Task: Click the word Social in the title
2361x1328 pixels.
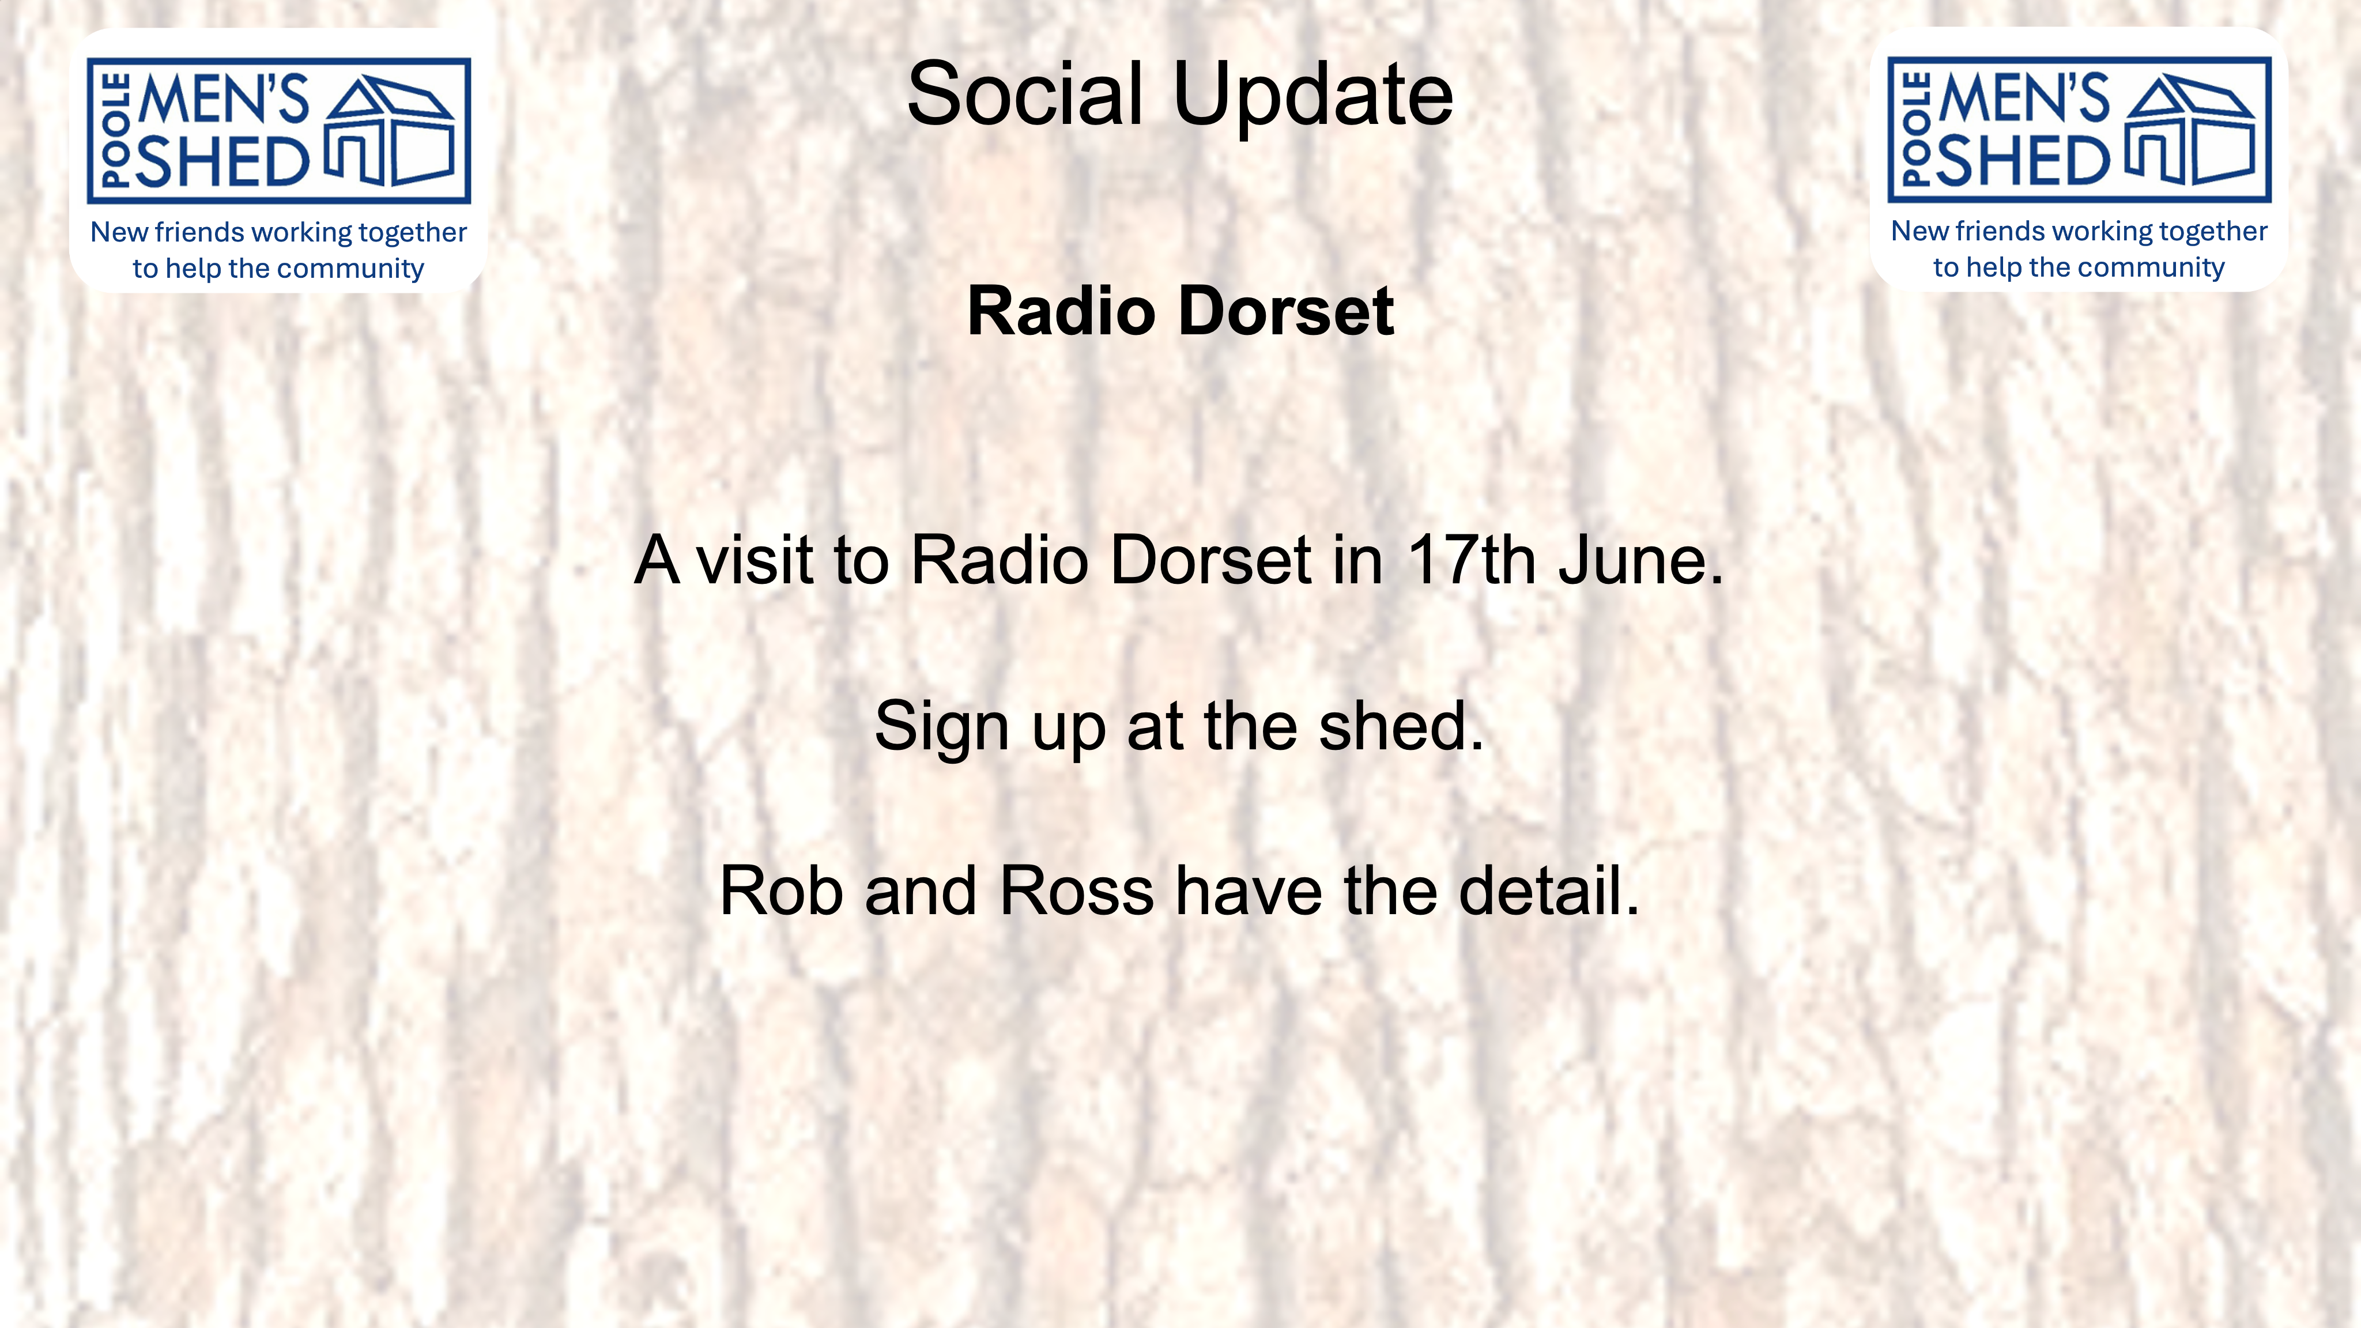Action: (x=1025, y=95)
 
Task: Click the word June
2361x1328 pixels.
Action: (x=1640, y=560)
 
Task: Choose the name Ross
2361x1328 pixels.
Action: (x=1076, y=891)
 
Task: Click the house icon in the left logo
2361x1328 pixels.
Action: (x=390, y=131)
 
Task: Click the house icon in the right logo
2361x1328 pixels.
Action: (x=2190, y=130)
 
